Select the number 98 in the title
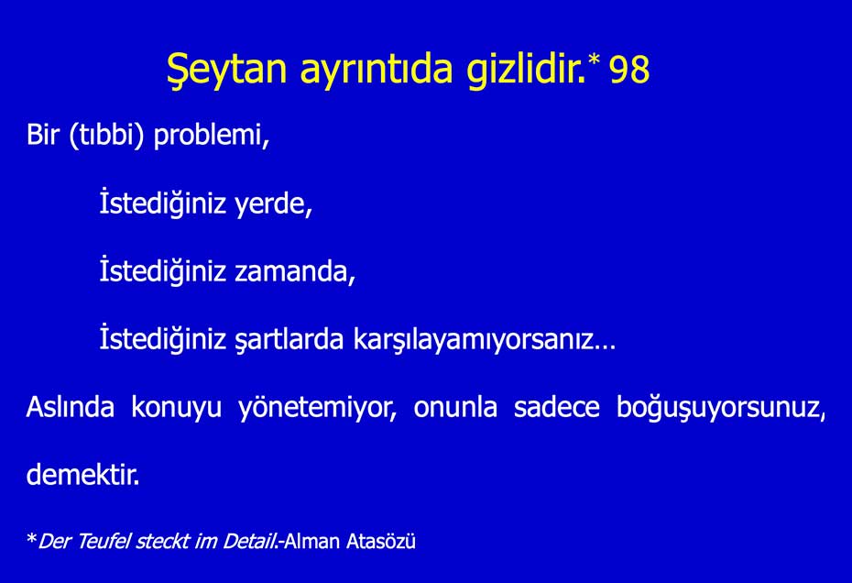click(x=629, y=71)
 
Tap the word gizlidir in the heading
click(x=525, y=71)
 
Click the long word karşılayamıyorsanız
click(x=484, y=340)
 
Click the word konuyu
click(x=176, y=408)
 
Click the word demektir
click(x=82, y=476)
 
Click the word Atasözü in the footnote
click(x=381, y=542)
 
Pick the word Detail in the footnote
click(x=249, y=542)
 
